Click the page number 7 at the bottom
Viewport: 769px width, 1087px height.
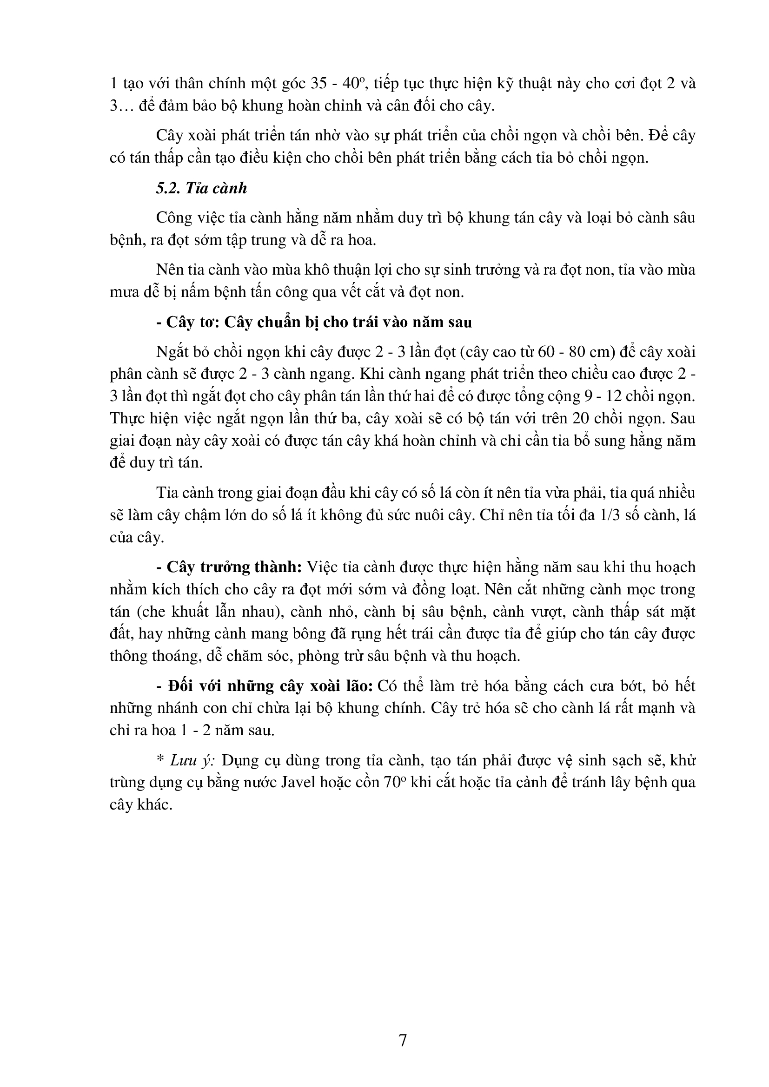tap(403, 1040)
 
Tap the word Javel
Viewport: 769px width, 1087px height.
tap(303, 782)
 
